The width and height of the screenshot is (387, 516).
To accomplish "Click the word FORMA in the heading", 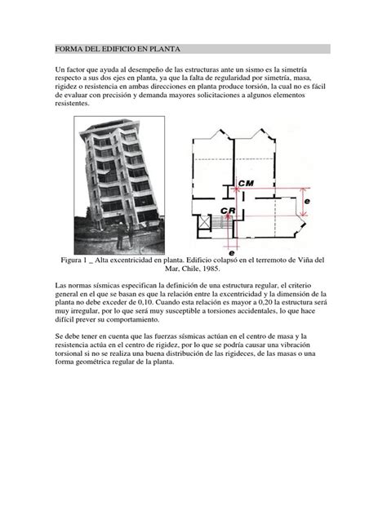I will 67,49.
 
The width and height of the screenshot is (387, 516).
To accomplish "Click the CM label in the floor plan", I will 247,182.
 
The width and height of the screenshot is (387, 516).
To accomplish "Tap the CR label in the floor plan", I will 228,210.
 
